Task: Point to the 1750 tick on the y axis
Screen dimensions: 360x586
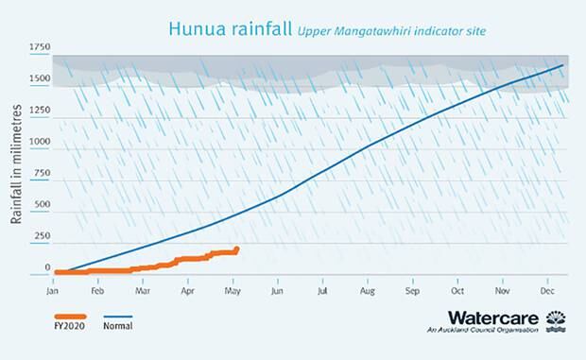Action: (40, 46)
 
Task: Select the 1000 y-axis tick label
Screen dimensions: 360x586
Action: (40, 142)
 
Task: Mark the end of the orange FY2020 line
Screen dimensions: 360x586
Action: (236, 249)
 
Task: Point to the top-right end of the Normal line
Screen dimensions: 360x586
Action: (563, 65)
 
